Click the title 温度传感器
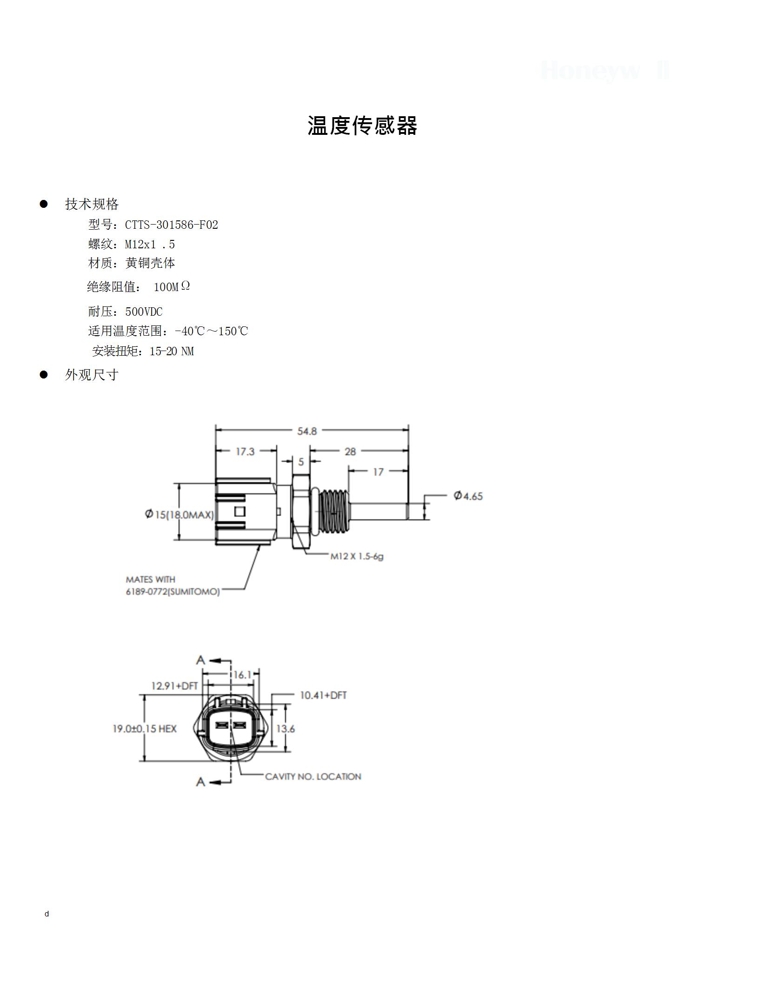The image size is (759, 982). [362, 126]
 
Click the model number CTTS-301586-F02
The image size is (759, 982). [172, 225]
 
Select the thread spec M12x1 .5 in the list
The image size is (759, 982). [150, 245]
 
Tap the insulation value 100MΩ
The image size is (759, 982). [172, 286]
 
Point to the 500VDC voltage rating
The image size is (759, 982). [144, 312]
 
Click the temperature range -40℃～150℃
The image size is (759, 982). [212, 331]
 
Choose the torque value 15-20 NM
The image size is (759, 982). [172, 351]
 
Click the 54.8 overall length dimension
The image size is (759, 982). [307, 431]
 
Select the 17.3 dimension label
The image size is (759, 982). [245, 451]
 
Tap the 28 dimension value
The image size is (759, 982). [350, 451]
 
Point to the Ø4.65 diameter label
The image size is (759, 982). [468, 496]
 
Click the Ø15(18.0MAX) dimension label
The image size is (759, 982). [179, 514]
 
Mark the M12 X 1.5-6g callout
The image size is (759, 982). [357, 556]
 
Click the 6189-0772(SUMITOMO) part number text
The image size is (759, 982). [173, 592]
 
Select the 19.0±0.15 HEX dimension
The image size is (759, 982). [145, 729]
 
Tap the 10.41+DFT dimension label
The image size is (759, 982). [323, 695]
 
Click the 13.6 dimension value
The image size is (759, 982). [286, 729]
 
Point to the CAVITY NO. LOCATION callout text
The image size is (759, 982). [313, 776]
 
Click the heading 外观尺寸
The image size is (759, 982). [92, 375]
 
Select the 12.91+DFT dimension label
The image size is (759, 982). [174, 686]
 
